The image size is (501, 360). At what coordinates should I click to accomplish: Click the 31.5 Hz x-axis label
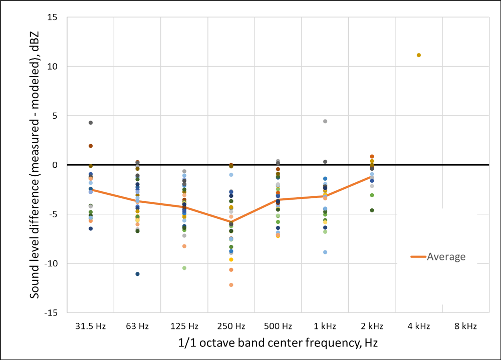tap(91, 326)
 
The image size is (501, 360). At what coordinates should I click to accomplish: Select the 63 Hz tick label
tap(137, 326)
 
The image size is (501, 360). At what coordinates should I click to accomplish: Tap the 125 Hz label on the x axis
tap(184, 326)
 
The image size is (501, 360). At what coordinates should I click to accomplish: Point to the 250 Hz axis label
tap(231, 326)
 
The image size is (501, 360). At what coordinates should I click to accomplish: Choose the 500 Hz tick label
tap(278, 326)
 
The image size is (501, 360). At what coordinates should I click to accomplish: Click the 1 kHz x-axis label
tap(325, 326)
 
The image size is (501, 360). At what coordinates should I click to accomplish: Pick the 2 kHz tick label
tap(372, 326)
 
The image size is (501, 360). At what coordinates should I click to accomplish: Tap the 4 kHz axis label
tap(419, 326)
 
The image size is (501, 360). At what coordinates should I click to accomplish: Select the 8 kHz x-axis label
tap(465, 326)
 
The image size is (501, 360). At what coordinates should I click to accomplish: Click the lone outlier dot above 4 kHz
tap(419, 55)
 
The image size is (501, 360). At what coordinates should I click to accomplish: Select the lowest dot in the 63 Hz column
tap(137, 274)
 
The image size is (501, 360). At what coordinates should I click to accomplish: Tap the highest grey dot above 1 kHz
tap(325, 121)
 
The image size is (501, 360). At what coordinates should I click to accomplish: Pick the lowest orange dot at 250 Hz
tap(231, 285)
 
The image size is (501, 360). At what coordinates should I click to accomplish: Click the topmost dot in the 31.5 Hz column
tap(91, 123)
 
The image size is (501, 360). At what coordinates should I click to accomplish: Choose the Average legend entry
tap(438, 257)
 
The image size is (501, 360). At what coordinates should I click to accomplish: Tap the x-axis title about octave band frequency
tap(278, 343)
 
